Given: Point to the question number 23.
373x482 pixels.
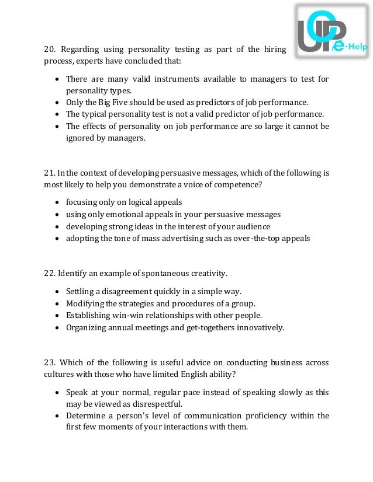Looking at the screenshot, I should [x=50, y=362].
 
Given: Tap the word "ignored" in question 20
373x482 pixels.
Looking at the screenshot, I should [x=82, y=138].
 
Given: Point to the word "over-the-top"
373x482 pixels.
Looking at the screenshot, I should [x=250, y=237].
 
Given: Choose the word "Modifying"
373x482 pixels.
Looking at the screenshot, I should [x=85, y=303].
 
